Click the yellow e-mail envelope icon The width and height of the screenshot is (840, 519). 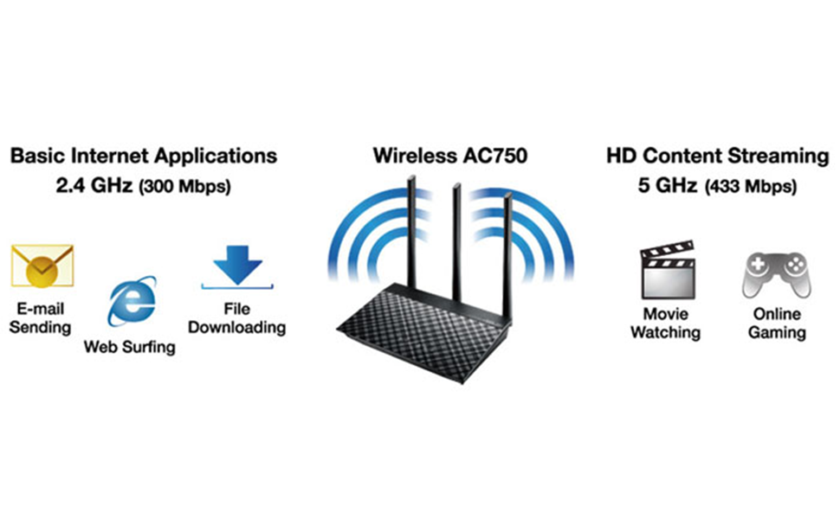coord(42,266)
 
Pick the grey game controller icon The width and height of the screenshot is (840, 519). coord(776,272)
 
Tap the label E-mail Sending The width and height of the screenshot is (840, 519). coord(42,317)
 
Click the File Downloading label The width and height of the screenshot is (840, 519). coord(236,317)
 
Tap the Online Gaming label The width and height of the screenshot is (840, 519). coord(777,322)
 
